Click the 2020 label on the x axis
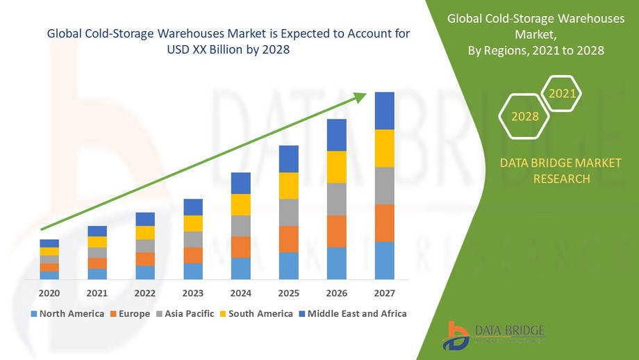coord(49,293)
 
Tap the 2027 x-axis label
coord(384,293)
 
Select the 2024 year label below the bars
coord(240,293)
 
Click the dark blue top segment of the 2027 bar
coord(384,111)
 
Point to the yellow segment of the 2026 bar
coord(336,167)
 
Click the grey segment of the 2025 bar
coord(288,212)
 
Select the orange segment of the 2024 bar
coord(240,247)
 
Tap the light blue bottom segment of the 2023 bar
coord(193,271)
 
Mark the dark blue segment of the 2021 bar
coord(97,231)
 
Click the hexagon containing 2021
coord(561,93)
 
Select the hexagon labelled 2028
coord(525,116)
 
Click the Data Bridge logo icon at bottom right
coord(458,335)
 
